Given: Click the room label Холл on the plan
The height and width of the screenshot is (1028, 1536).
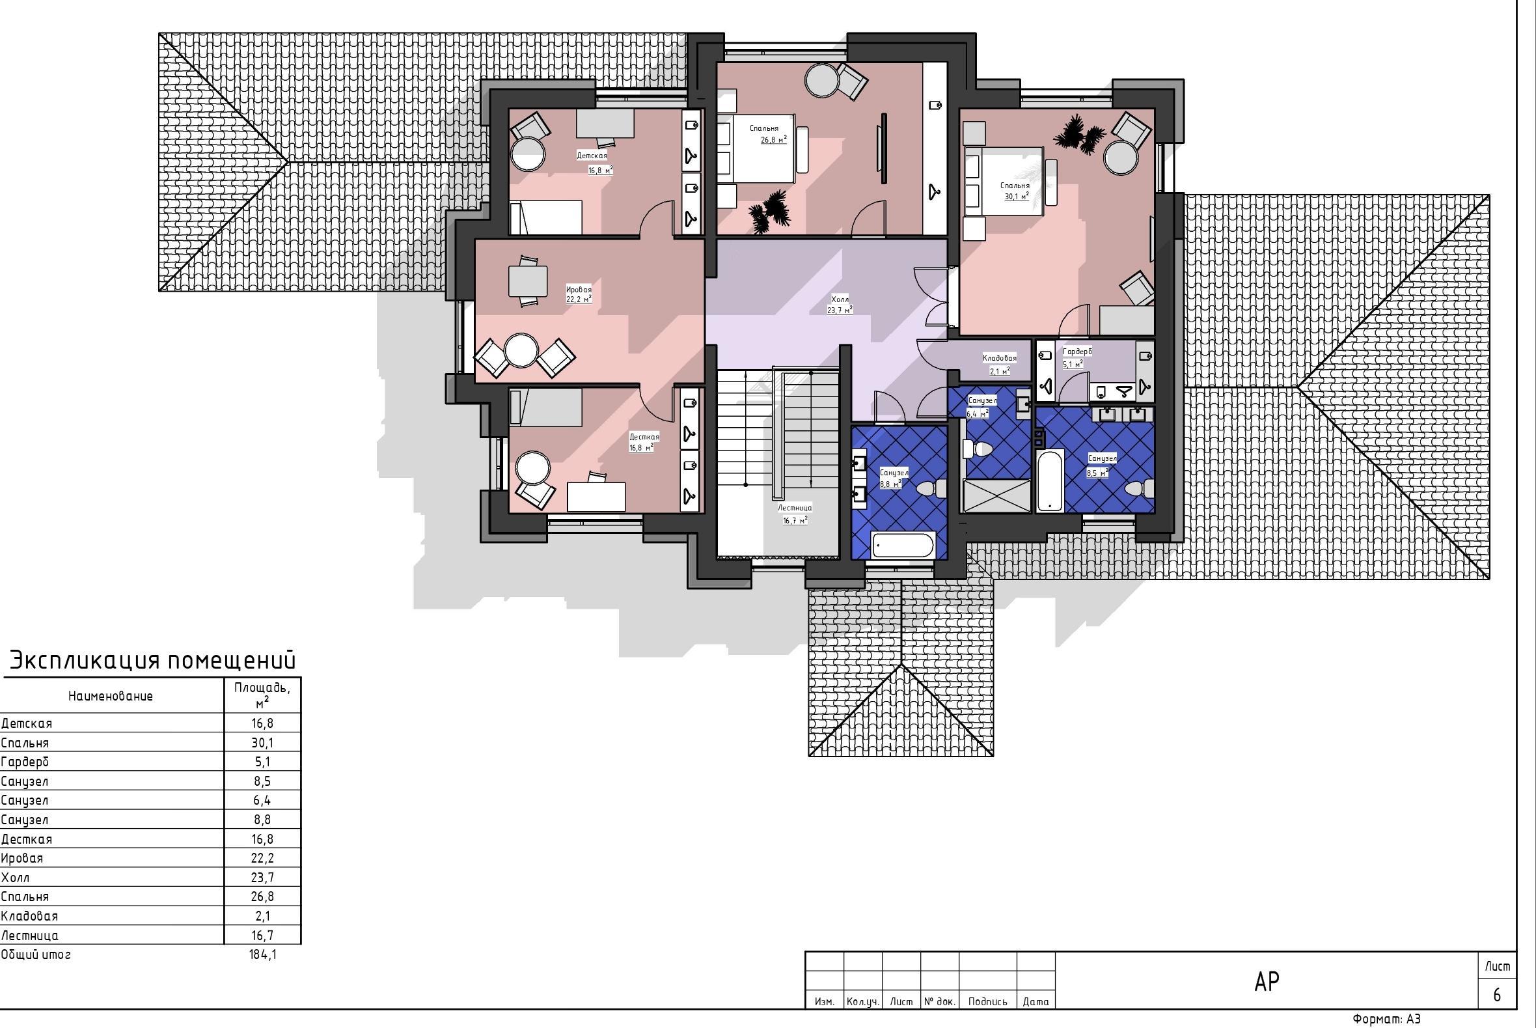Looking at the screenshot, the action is click(x=840, y=299).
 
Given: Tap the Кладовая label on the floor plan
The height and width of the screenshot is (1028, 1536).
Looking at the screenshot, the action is click(x=999, y=358).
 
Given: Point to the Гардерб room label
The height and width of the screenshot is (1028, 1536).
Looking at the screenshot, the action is click(x=1077, y=352).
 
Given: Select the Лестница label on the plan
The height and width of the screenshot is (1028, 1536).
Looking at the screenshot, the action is click(x=795, y=507).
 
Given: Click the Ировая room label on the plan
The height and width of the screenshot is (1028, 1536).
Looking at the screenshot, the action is click(x=579, y=289).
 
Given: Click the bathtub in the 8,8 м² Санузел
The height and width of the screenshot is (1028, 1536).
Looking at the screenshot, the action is click(x=902, y=546).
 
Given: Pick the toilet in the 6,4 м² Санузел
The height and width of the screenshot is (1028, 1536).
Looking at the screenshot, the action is click(x=977, y=449).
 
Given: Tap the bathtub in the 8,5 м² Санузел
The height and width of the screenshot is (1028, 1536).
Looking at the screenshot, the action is click(x=1050, y=480).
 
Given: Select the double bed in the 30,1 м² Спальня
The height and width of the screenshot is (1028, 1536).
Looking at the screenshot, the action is click(x=1002, y=180).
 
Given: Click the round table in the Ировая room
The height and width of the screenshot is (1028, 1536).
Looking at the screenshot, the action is click(x=521, y=352).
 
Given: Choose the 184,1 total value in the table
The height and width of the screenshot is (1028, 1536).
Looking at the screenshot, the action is click(x=263, y=954).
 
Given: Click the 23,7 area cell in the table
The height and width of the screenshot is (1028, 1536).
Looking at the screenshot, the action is click(x=263, y=877).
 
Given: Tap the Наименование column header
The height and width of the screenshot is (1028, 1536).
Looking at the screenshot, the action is click(x=111, y=696).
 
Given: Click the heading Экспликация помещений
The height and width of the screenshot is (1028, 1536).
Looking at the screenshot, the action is click(x=153, y=660).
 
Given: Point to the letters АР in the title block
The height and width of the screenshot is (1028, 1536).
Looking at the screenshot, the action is click(x=1267, y=982).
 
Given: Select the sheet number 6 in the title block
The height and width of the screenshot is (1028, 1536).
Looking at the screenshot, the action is click(x=1497, y=995).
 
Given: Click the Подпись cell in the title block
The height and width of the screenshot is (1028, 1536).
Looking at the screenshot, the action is click(x=987, y=1001).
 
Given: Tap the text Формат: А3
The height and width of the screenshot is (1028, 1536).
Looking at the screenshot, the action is click(x=1386, y=1019).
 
